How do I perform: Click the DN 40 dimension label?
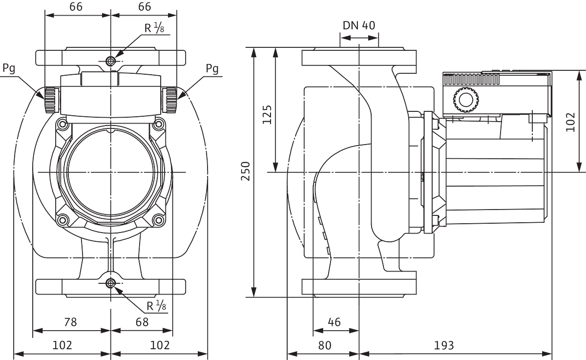click(x=359, y=25)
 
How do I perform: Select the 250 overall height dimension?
click(x=246, y=171)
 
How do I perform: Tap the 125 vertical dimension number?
click(x=267, y=115)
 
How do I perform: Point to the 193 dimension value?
click(x=444, y=346)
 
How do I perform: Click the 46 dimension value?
click(x=334, y=322)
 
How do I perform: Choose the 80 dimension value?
click(x=325, y=346)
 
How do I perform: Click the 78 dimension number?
click(x=70, y=322)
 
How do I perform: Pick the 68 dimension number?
click(x=142, y=322)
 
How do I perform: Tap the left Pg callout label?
click(x=9, y=68)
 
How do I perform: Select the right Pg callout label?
click(x=212, y=69)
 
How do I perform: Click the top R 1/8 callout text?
click(x=154, y=28)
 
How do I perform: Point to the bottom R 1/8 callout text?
click(x=156, y=306)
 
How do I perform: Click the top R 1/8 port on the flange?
click(x=111, y=61)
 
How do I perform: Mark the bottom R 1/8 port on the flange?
click(x=111, y=283)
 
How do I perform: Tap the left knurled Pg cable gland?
click(x=51, y=100)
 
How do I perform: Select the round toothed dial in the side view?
click(x=466, y=100)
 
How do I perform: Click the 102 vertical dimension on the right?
click(x=570, y=122)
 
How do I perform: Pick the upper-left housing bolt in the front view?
click(x=63, y=124)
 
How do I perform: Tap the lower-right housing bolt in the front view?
click(x=158, y=220)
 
